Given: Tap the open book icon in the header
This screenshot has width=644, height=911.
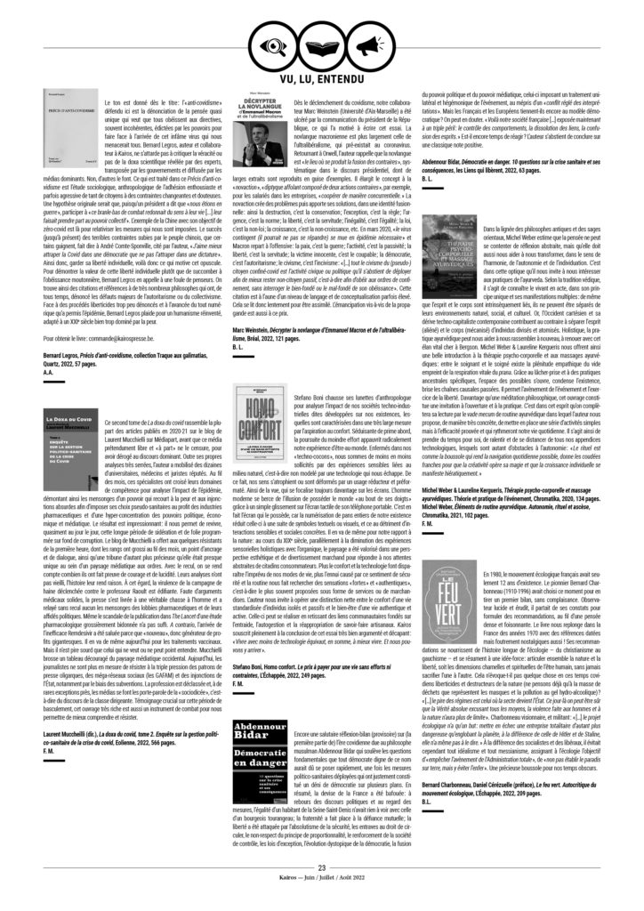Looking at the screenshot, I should click(322, 44).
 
